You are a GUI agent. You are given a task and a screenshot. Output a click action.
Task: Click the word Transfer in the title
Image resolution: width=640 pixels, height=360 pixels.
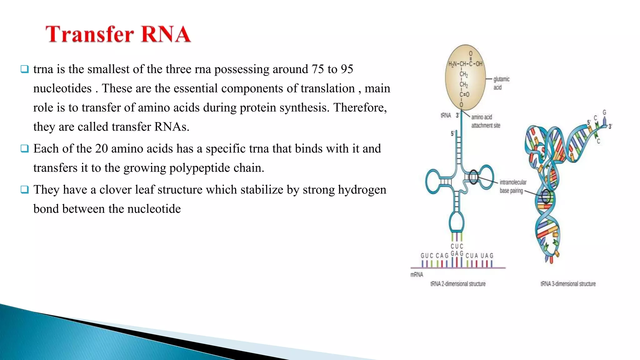click(x=89, y=34)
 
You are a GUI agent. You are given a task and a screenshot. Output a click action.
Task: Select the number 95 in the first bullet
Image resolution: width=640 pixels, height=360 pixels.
click(x=347, y=69)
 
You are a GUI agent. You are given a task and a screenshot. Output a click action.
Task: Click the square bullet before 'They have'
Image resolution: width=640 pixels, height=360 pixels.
click(x=25, y=190)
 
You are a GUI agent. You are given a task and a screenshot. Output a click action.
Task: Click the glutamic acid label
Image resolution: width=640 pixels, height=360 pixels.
click(x=501, y=83)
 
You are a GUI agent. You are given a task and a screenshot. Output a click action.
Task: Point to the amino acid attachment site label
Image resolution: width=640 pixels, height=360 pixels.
click(x=485, y=121)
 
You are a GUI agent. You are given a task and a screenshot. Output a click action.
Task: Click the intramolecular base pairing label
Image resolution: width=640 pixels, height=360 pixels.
click(x=512, y=186)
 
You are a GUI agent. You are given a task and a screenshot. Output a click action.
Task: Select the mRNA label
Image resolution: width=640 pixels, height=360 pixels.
click(x=417, y=275)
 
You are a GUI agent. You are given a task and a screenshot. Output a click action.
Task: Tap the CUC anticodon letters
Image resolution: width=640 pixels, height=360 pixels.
click(x=457, y=246)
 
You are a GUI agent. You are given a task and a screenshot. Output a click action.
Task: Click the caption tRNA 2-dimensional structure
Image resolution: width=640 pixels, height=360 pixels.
click(x=458, y=284)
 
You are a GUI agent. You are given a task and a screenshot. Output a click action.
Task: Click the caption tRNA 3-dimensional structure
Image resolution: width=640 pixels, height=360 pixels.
click(x=568, y=284)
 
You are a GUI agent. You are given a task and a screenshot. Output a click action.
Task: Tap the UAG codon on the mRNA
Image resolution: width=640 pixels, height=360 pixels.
click(x=487, y=256)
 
